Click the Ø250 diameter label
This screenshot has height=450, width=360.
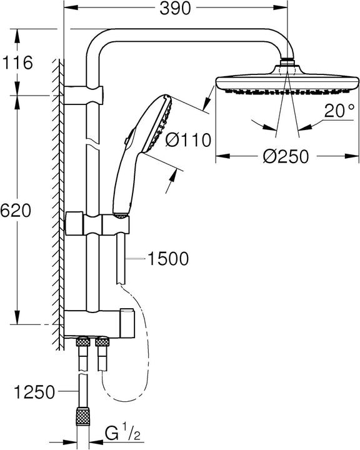[x=286, y=157]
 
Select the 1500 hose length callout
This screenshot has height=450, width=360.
[x=167, y=258]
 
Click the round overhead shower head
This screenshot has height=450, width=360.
[x=286, y=83]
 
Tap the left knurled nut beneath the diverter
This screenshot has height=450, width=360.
[x=81, y=342]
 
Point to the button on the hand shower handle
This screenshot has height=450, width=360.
[x=131, y=134]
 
